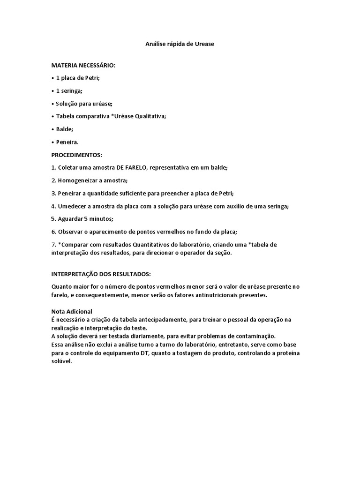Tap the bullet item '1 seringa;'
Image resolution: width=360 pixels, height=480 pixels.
(68, 91)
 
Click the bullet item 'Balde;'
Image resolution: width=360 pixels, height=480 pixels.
(65, 129)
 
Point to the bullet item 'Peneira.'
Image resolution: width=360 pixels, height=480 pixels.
(67, 142)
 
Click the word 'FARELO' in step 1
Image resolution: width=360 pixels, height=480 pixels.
(135, 167)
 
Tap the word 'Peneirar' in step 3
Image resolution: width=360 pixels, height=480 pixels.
(70, 193)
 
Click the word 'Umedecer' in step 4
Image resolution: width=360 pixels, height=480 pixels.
(72, 206)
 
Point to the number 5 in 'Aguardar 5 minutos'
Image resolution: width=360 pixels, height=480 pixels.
(85, 218)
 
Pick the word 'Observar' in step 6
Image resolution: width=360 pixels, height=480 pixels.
(70, 232)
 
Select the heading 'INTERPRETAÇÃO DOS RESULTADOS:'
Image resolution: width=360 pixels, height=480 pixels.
(101, 273)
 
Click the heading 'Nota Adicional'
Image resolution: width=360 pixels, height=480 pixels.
(71, 311)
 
